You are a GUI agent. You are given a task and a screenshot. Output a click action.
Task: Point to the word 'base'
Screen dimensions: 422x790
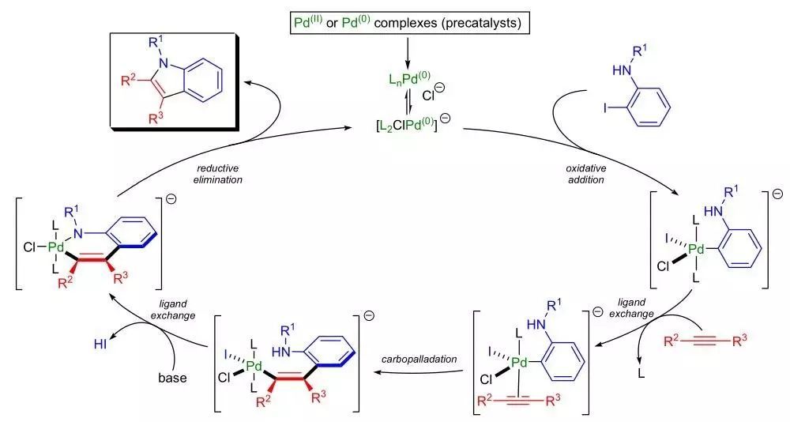[171, 377]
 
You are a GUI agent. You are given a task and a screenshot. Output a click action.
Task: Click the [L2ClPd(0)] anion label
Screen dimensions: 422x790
[395, 126]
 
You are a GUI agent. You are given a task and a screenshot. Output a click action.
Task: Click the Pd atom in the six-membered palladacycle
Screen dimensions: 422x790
[55, 247]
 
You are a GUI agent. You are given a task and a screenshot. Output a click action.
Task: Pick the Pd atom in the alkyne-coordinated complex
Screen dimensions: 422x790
[519, 363]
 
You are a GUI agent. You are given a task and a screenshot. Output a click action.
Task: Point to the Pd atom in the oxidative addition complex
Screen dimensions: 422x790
[696, 250]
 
